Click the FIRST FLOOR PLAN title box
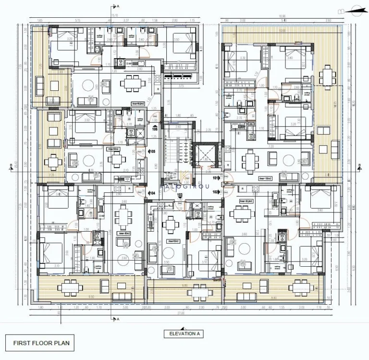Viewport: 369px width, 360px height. point(41,343)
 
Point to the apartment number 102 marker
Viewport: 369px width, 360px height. point(215,192)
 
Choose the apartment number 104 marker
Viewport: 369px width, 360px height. point(152,193)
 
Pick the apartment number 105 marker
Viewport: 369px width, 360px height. point(152,151)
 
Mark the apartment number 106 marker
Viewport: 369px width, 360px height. point(155,129)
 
